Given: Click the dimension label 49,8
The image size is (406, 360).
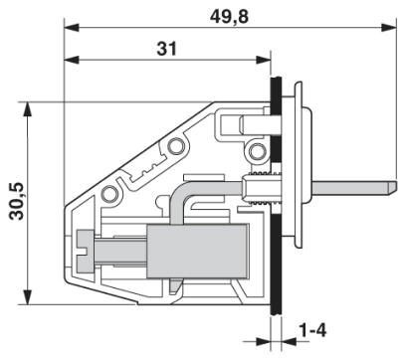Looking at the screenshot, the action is click(x=229, y=17).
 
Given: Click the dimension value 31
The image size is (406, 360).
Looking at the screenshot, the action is click(x=167, y=49).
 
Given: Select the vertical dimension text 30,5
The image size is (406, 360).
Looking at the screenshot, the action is click(x=17, y=201).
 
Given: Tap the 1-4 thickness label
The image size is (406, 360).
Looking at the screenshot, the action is click(x=312, y=330).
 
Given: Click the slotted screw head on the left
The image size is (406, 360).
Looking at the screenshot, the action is click(x=86, y=251).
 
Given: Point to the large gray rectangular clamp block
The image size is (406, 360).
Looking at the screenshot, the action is click(x=198, y=251).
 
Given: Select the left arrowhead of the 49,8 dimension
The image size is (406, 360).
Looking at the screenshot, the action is click(x=71, y=28).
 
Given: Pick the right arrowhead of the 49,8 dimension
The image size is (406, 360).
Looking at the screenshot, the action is click(x=389, y=28).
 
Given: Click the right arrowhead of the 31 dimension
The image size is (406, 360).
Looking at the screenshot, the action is click(x=264, y=60).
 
